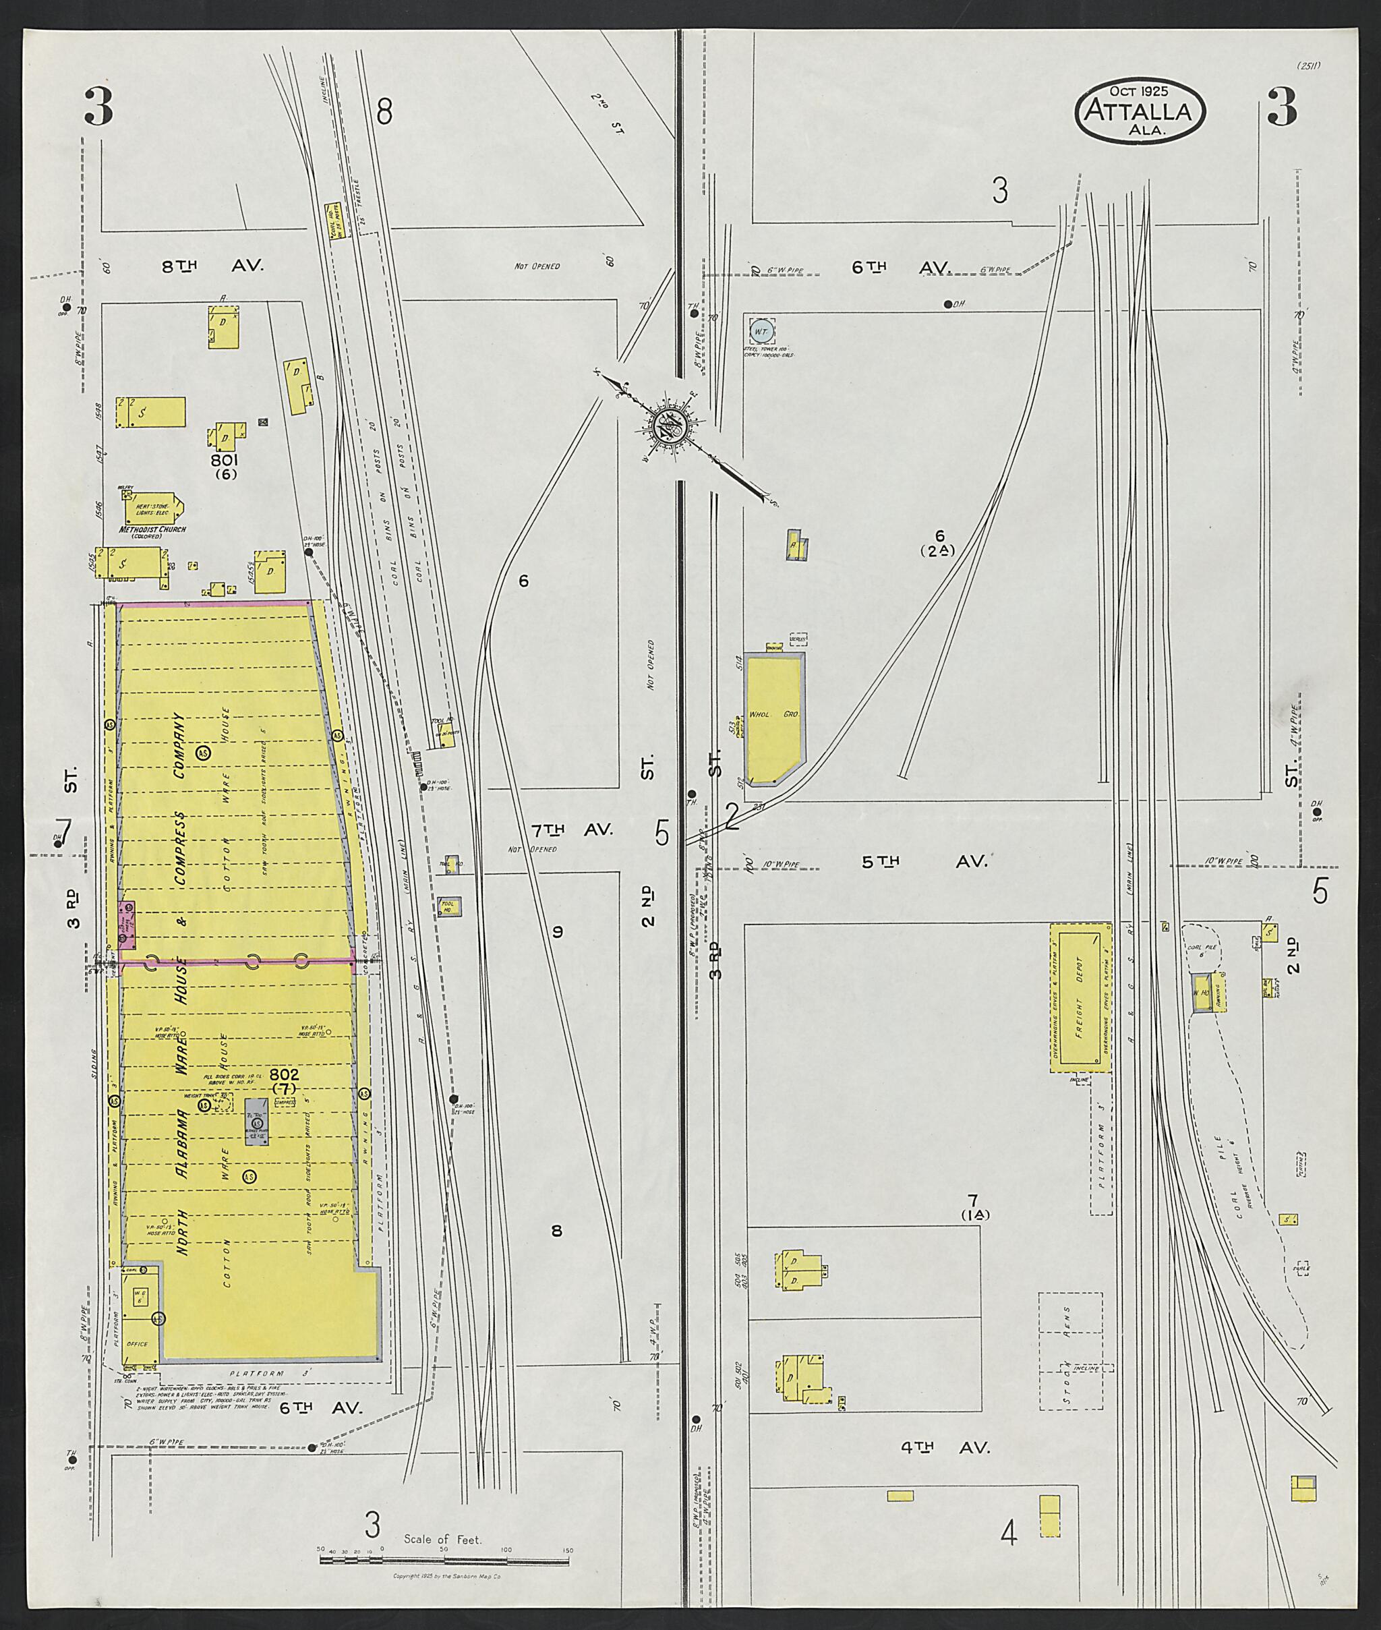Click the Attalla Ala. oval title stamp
pos(1139,111)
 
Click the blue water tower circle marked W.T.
pos(761,332)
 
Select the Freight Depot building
pos(1080,997)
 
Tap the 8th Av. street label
pos(212,266)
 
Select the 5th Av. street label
pos(924,861)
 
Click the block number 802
pos(283,1074)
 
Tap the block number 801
pos(223,461)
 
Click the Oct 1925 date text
pos(1138,92)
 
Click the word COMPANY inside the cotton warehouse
pos(179,743)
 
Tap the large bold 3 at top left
pos(98,107)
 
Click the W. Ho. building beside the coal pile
pos(1201,993)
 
